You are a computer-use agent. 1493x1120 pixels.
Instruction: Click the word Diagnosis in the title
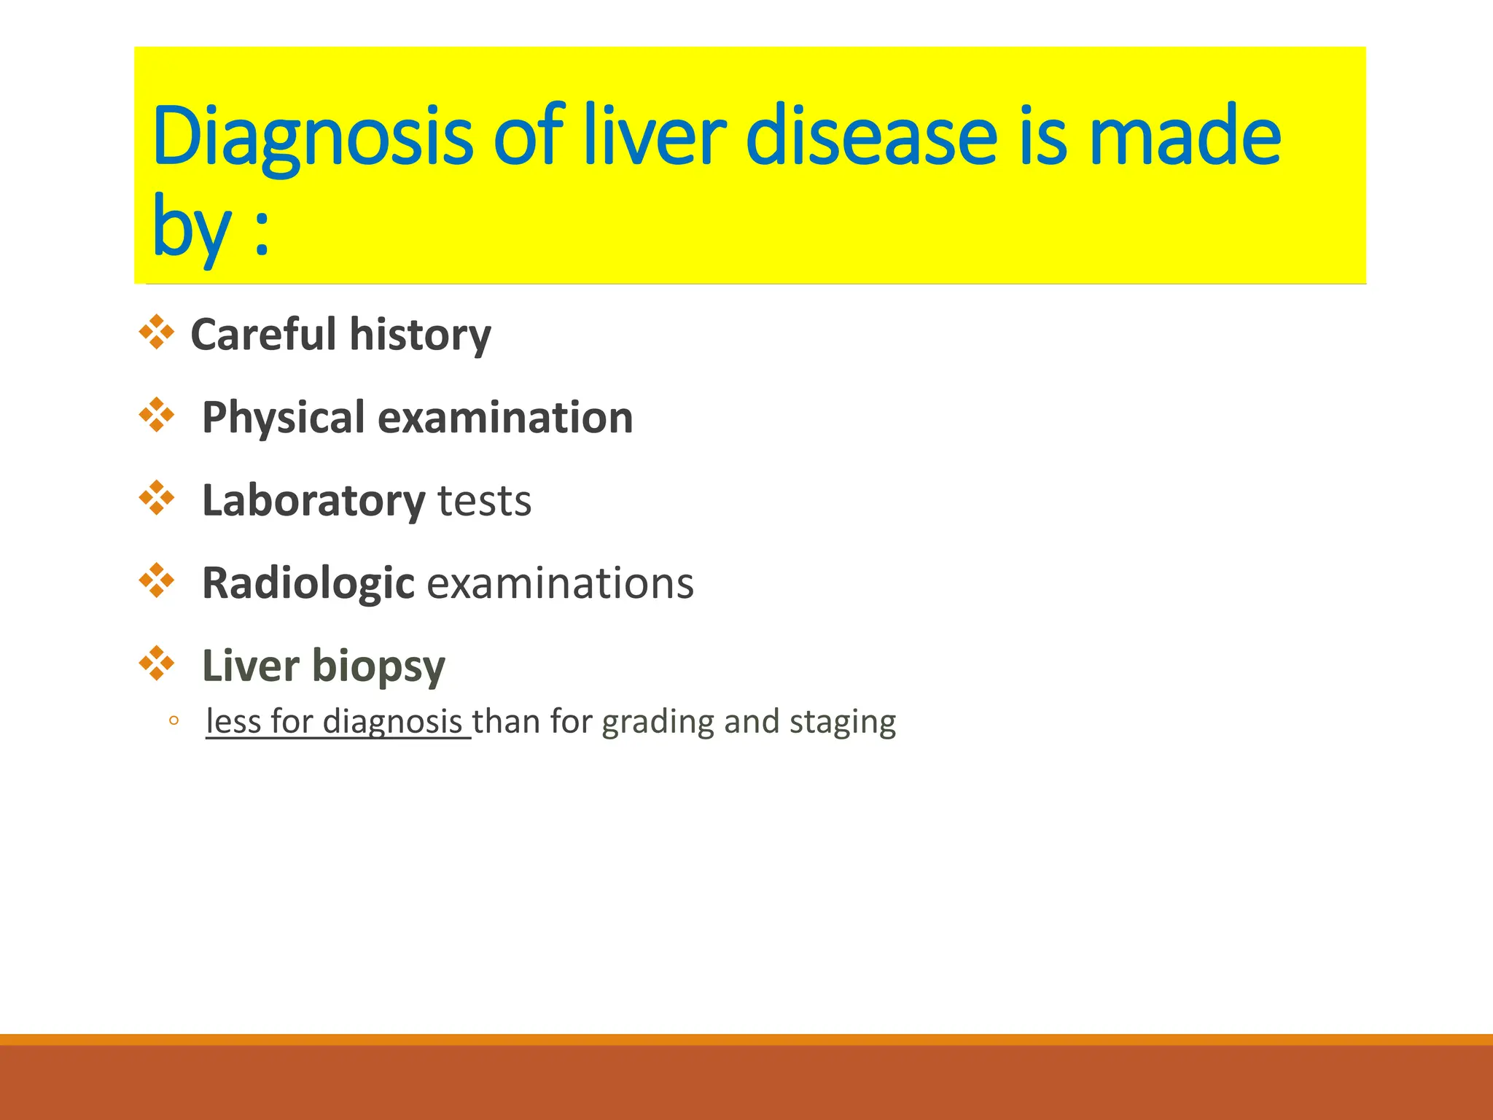click(x=313, y=137)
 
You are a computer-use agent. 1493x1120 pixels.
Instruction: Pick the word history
click(x=420, y=335)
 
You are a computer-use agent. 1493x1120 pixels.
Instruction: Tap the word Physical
click(x=283, y=418)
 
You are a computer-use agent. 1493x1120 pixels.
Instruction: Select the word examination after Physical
click(x=505, y=418)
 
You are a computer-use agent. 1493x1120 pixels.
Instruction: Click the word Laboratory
click(x=313, y=501)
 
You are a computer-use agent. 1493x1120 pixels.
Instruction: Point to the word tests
click(x=484, y=501)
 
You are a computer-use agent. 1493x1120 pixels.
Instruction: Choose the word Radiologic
click(x=308, y=583)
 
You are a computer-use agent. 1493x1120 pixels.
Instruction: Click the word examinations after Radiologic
click(x=560, y=583)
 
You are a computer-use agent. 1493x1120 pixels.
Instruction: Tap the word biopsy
click(x=378, y=666)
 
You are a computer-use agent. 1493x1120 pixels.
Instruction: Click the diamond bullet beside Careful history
click(x=157, y=332)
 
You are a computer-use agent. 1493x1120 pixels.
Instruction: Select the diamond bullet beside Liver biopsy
click(x=157, y=664)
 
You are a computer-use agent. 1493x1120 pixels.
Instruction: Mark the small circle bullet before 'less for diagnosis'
click(x=174, y=721)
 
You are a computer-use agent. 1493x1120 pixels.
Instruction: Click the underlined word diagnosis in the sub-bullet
click(x=392, y=721)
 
